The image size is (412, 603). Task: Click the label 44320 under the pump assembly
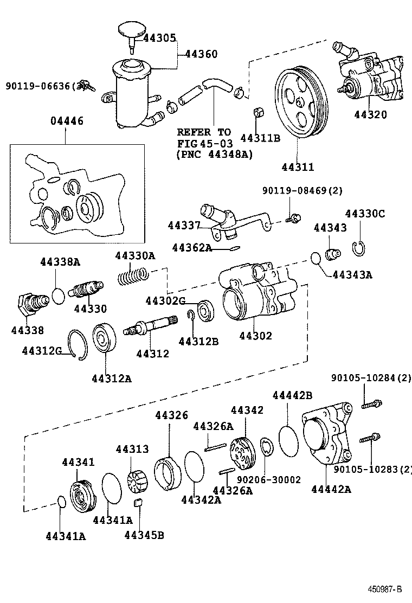tap(371, 115)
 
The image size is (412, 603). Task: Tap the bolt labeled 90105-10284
tap(371, 403)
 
